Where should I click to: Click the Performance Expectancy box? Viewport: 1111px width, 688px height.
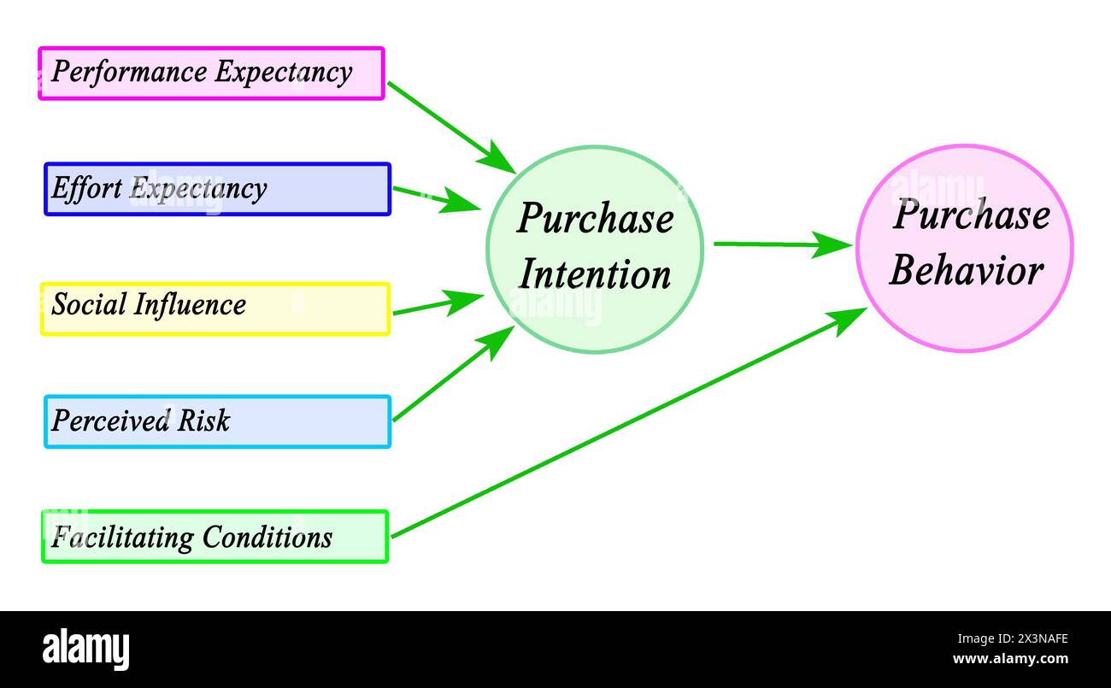211,74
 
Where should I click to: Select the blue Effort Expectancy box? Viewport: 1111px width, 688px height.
217,189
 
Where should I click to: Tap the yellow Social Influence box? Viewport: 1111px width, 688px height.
215,309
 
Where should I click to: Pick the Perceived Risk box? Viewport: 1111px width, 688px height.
217,421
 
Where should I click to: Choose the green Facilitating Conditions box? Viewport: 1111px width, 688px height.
215,537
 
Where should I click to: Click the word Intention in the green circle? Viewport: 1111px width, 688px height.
596,275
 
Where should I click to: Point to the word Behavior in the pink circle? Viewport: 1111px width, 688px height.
966,272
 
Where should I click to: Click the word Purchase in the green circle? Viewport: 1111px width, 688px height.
595,218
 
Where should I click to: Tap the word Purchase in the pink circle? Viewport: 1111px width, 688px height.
971,214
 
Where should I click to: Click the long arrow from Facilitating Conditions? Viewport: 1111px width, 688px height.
628,422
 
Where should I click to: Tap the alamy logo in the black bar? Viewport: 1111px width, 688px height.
85,649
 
